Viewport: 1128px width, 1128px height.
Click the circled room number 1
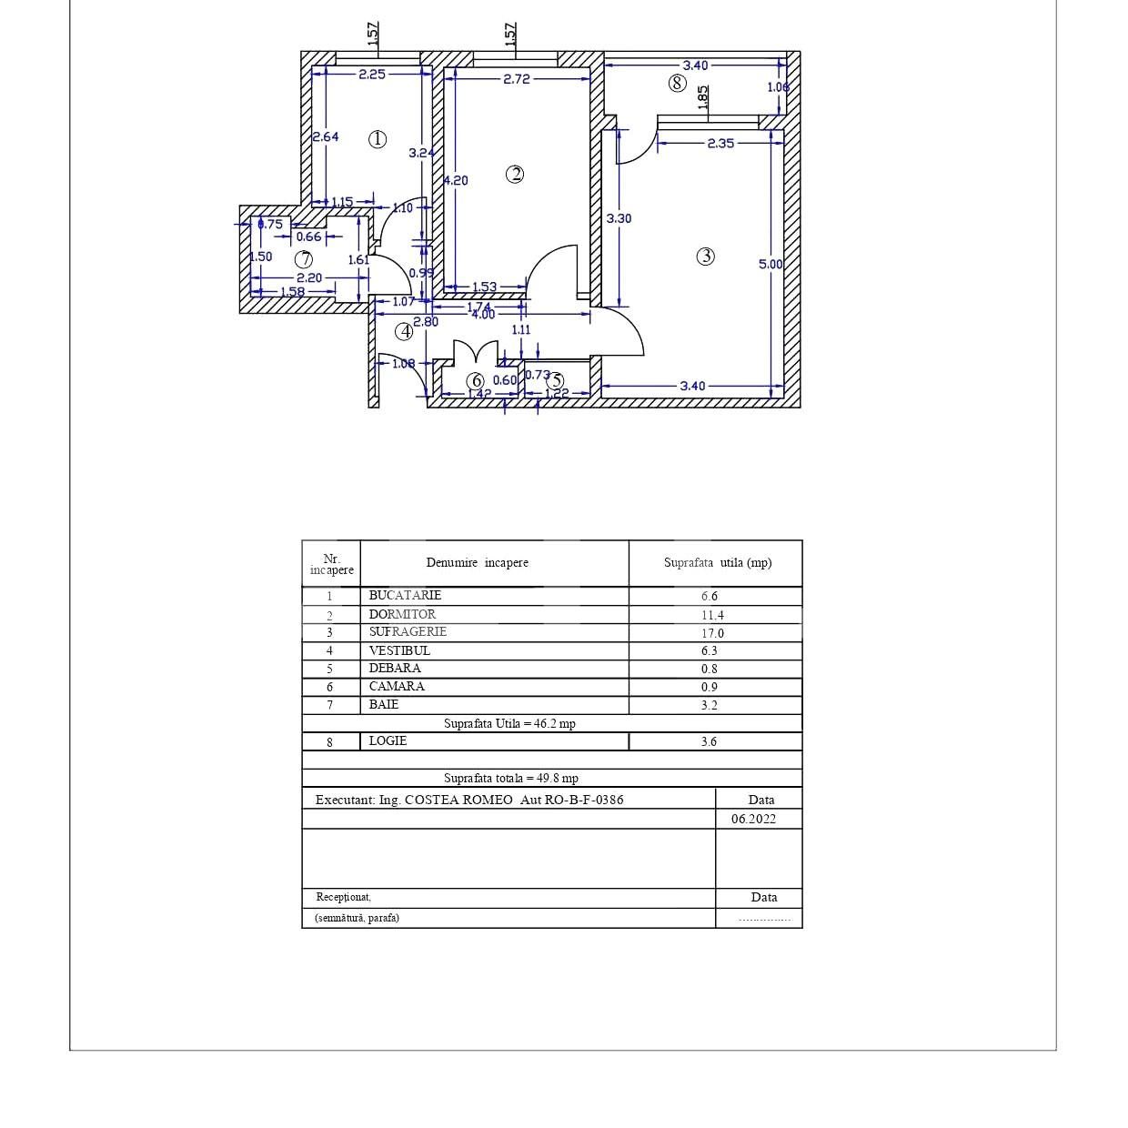tap(378, 139)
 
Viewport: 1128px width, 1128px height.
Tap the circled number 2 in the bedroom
tap(515, 174)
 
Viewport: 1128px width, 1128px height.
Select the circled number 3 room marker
tap(705, 257)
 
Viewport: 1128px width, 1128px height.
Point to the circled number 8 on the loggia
tap(677, 84)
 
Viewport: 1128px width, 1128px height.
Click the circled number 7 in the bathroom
tap(304, 259)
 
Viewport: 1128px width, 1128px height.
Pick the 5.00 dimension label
tap(770, 265)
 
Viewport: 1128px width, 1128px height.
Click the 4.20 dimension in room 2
tap(456, 180)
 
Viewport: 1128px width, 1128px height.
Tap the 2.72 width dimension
tap(516, 79)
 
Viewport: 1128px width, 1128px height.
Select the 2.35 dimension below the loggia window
tap(720, 143)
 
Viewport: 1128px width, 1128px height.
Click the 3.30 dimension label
tap(619, 218)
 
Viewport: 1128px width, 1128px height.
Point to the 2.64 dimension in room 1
tap(325, 136)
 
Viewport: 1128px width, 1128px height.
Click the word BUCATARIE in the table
tap(405, 595)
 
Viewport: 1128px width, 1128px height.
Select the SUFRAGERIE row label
tap(408, 631)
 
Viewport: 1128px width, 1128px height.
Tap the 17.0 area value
tap(712, 633)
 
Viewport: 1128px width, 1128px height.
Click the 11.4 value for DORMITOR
tap(712, 615)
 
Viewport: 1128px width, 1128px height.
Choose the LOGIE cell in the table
tap(388, 740)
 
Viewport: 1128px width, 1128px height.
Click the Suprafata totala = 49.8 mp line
tap(510, 778)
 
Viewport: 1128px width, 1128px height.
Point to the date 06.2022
tap(753, 819)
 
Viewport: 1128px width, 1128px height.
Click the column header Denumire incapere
tap(477, 563)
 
